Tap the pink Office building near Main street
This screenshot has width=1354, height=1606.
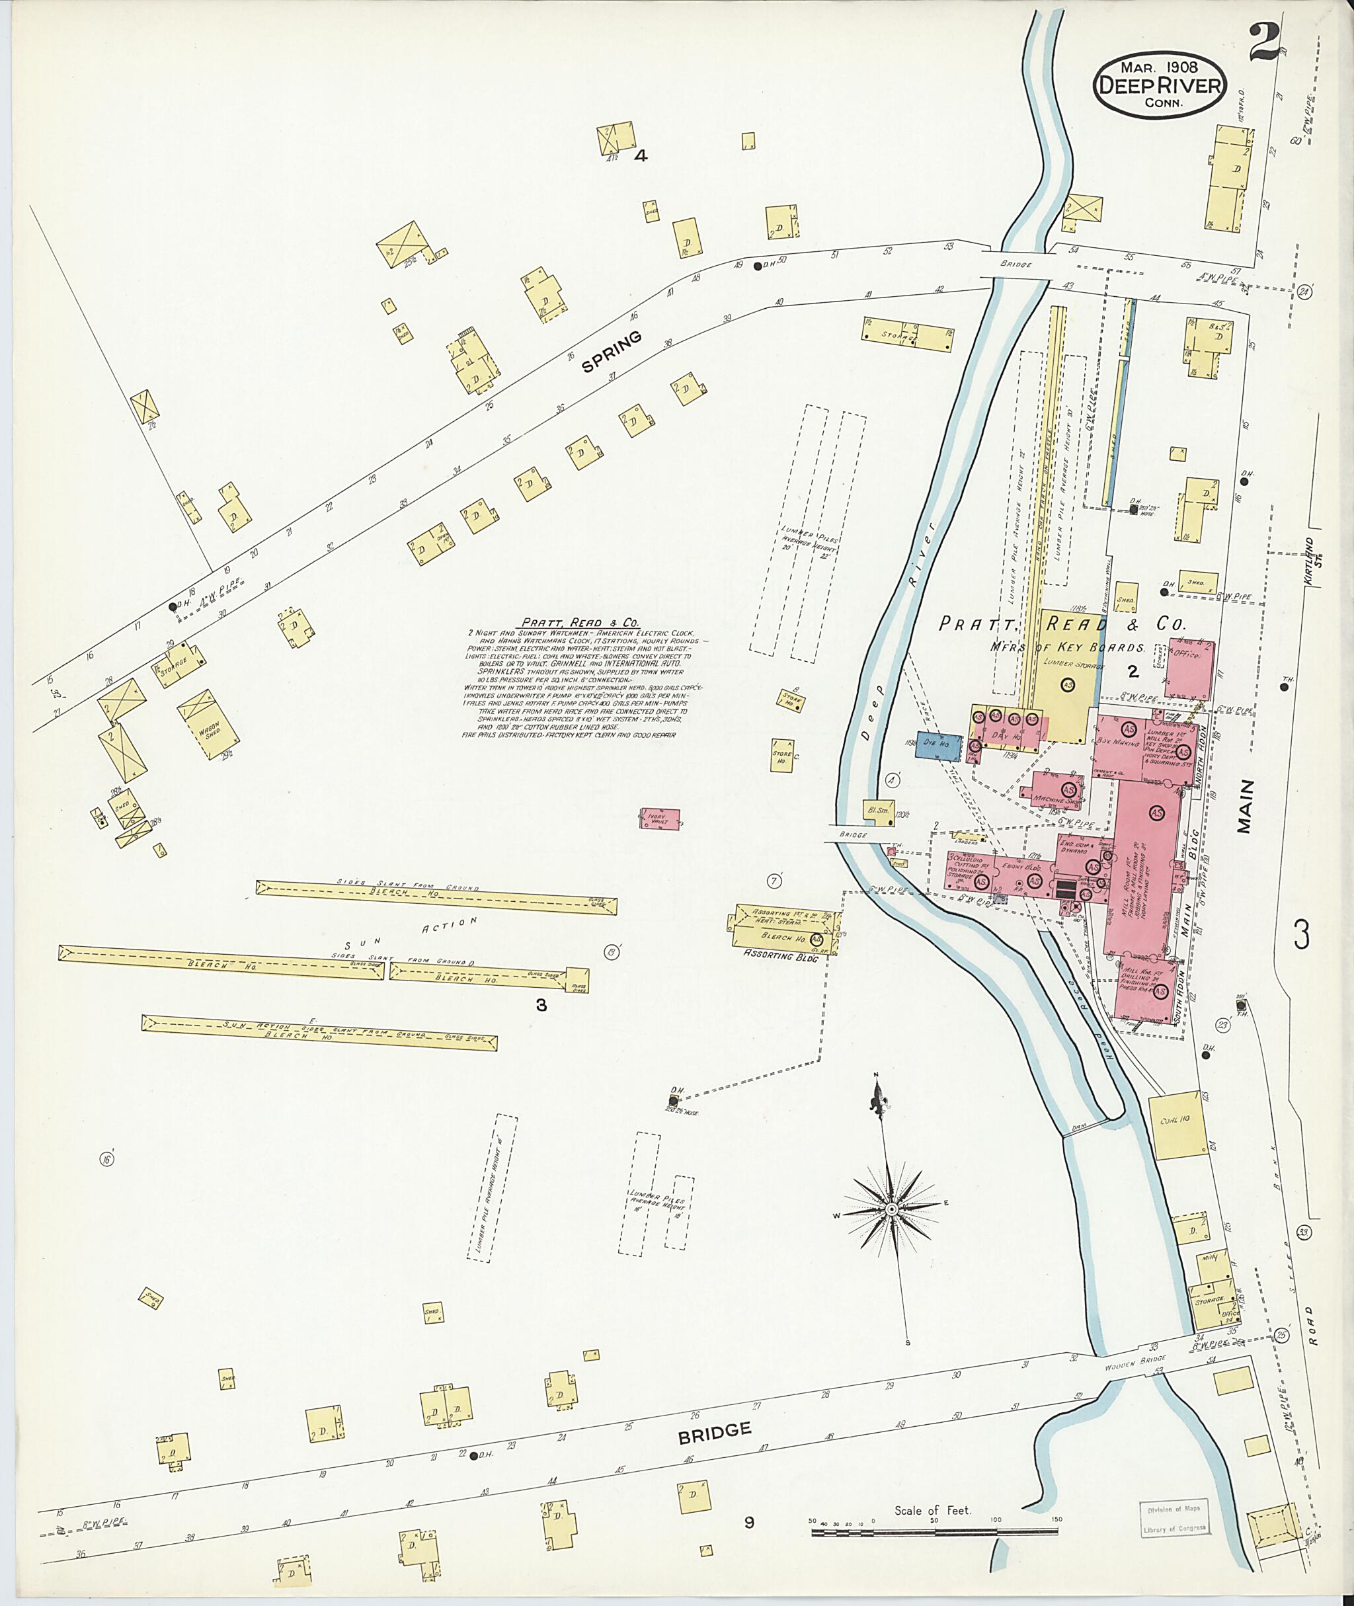1189,668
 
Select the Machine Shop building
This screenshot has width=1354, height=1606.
1057,791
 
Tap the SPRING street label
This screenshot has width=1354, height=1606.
612,353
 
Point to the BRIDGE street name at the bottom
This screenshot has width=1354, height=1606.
714,1429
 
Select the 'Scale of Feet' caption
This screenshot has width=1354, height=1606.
933,1510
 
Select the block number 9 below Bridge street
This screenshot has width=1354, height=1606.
748,1521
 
